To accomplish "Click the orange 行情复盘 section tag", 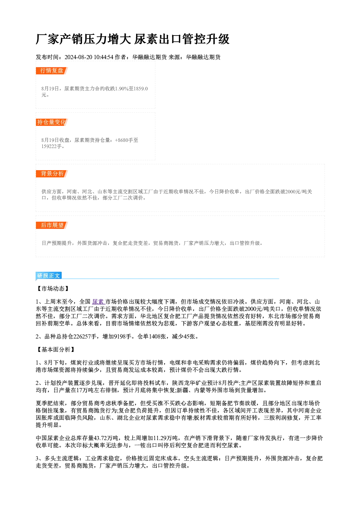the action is click(x=52, y=71).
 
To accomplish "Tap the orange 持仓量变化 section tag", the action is click(x=52, y=122).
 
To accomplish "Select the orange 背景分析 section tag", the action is click(x=52, y=174).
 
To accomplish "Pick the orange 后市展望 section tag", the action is click(x=52, y=225).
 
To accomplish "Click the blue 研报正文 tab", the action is click(x=49, y=276).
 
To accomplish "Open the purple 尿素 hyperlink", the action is click(x=98, y=302).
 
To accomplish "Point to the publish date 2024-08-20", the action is click(x=78, y=57).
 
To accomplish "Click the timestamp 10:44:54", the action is click(x=103, y=57).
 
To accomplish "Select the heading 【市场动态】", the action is click(x=53, y=289).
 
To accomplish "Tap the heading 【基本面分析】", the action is click(x=56, y=350).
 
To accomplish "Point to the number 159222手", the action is click(x=52, y=147).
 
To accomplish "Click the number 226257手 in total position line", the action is click(x=85, y=337).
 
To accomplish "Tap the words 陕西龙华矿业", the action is click(x=189, y=383).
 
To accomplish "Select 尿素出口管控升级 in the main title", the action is click(x=182, y=39).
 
